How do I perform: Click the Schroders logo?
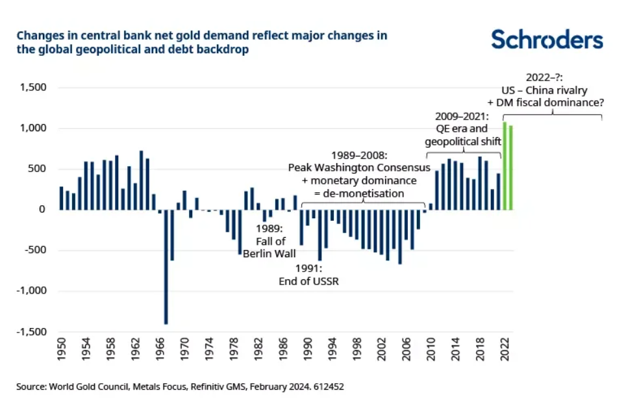click(547, 40)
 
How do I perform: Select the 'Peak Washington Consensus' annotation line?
click(359, 168)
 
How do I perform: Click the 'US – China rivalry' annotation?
click(554, 90)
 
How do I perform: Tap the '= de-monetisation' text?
click(358, 193)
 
